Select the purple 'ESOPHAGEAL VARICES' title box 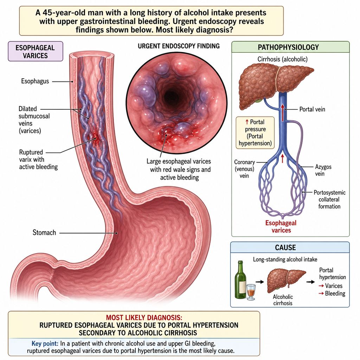(36, 51)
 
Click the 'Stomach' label (44, 233)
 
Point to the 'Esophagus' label (35, 81)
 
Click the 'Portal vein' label (312, 109)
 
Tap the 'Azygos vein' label (323, 170)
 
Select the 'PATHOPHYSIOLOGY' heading (288, 47)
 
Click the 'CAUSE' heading (285, 247)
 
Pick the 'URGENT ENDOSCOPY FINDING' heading (179, 46)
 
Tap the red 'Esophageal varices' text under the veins (281, 226)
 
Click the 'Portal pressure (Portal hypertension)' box (255, 133)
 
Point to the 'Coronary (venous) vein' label (244, 169)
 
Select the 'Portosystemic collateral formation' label (329, 199)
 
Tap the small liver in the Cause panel (286, 281)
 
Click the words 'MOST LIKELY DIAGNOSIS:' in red (144, 317)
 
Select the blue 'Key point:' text (45, 343)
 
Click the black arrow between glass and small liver (260, 282)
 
